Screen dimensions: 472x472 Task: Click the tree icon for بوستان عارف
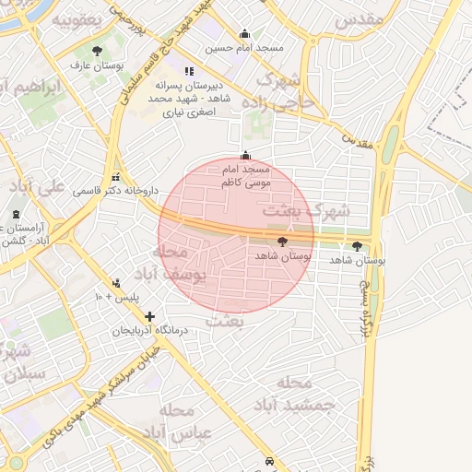click(x=98, y=51)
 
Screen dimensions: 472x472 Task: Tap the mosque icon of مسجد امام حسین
click(x=244, y=33)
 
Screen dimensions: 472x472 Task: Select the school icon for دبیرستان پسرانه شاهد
click(x=189, y=71)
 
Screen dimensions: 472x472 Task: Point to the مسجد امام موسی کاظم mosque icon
click(x=244, y=155)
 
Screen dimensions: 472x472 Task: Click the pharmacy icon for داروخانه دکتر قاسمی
click(x=115, y=176)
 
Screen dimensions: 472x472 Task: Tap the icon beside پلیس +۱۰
click(x=116, y=283)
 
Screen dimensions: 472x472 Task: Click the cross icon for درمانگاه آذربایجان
click(x=150, y=316)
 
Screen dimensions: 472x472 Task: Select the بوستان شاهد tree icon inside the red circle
click(x=281, y=242)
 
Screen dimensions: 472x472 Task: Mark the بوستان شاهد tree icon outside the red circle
click(x=358, y=246)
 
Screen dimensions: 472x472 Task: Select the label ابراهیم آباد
click(x=37, y=88)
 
